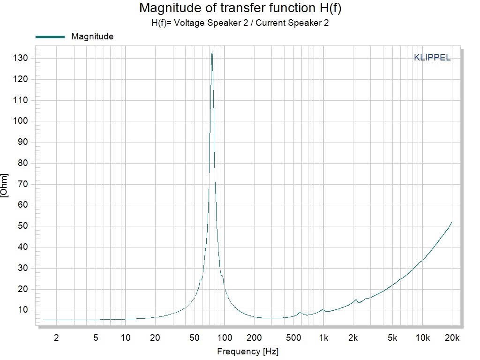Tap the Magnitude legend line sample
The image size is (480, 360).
pyautogui.click(x=50, y=37)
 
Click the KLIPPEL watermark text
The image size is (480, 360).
pyautogui.click(x=432, y=58)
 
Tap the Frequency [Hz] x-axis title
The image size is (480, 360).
pyautogui.click(x=248, y=351)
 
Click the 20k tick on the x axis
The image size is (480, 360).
pyautogui.click(x=452, y=337)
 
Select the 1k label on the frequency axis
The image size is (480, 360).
pyautogui.click(x=323, y=337)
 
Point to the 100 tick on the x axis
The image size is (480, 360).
pyautogui.click(x=225, y=337)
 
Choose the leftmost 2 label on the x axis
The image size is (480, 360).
pyautogui.click(x=57, y=337)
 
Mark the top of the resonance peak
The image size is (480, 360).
pyautogui.click(x=212, y=51)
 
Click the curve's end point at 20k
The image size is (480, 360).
pyautogui.click(x=451, y=222)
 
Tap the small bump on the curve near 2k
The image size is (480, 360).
pyautogui.click(x=356, y=300)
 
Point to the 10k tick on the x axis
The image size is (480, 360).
pyautogui.click(x=422, y=337)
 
